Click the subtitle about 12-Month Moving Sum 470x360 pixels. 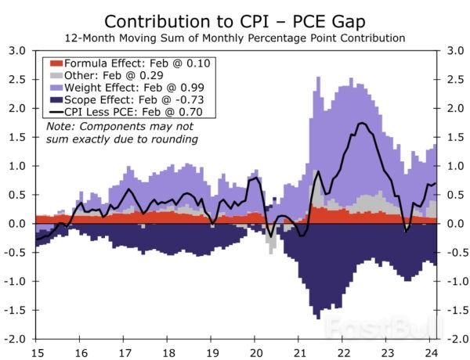pos(235,38)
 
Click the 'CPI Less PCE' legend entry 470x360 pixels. pos(128,115)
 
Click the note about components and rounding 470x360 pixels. pos(121,133)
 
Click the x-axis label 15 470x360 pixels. pos(37,351)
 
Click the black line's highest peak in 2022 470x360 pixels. pos(361,123)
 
